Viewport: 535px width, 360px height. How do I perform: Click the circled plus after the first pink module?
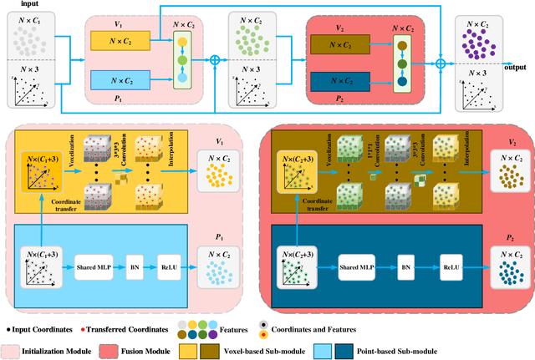pyautogui.click(x=214, y=60)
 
